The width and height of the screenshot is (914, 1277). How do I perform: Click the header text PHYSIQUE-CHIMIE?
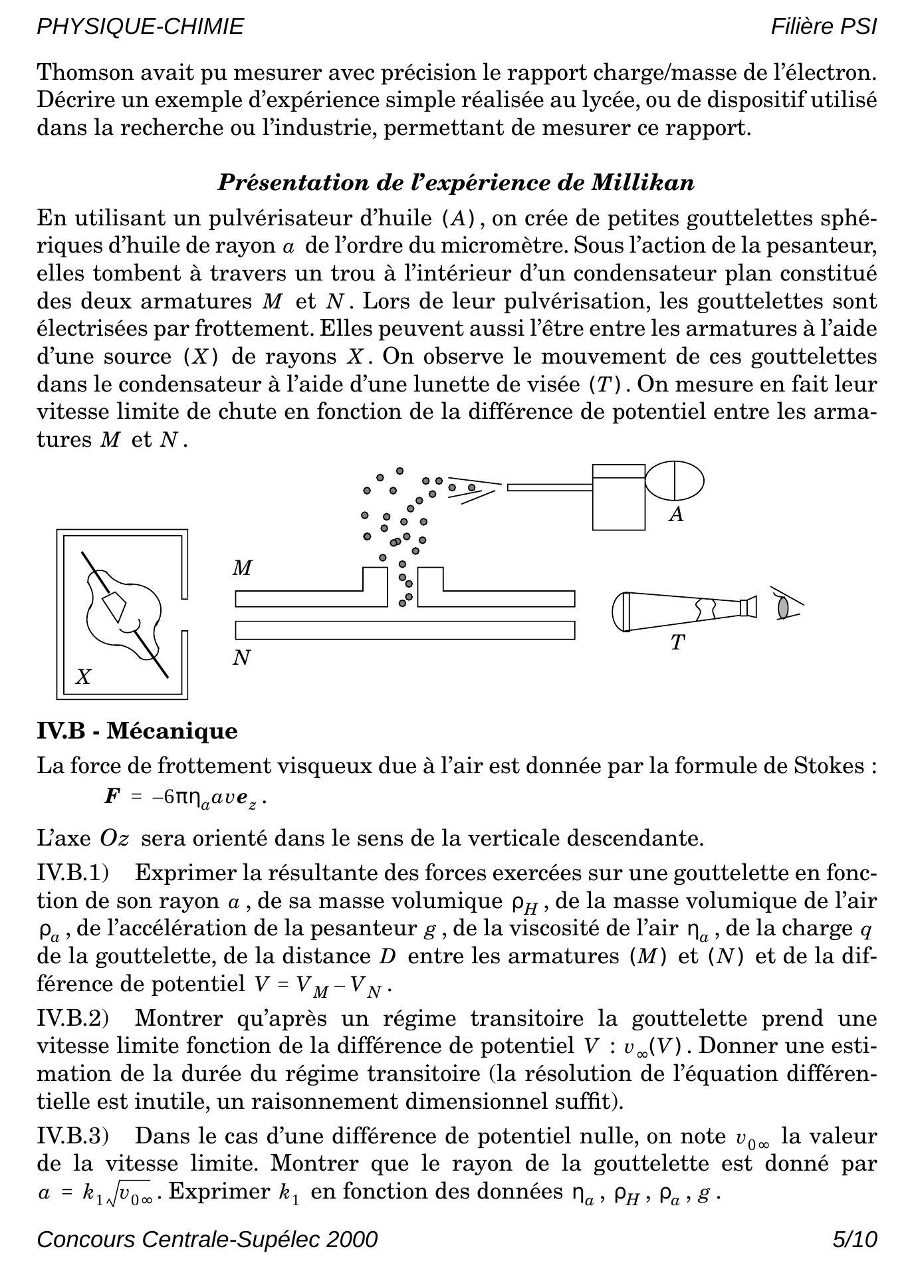pyautogui.click(x=140, y=27)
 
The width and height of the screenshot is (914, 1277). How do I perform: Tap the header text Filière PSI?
pyautogui.click(x=824, y=27)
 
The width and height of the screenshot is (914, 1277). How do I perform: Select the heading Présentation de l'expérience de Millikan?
pyautogui.click(x=456, y=182)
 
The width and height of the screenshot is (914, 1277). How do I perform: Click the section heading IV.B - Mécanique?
pyautogui.click(x=137, y=731)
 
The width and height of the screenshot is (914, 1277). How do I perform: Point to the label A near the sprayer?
pyautogui.click(x=676, y=515)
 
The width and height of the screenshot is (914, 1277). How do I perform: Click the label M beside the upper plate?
pyautogui.click(x=243, y=568)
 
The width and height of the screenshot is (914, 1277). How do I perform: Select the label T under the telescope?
pyautogui.click(x=677, y=642)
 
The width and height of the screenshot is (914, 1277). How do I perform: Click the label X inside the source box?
pyautogui.click(x=83, y=677)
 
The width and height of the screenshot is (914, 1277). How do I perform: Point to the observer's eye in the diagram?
pyautogui.click(x=784, y=607)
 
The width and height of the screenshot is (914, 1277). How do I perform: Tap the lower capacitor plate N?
pyautogui.click(x=405, y=630)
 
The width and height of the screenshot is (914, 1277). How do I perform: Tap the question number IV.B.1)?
pyautogui.click(x=72, y=873)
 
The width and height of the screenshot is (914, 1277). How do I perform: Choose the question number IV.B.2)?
pyautogui.click(x=72, y=1018)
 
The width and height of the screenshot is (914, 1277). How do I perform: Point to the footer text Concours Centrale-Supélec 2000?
pyautogui.click(x=207, y=1240)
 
